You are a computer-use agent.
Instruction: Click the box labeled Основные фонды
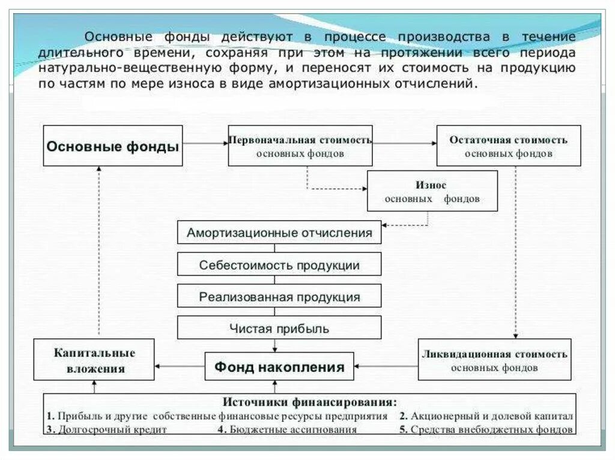click(113, 146)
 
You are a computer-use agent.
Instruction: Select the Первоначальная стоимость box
click(300, 146)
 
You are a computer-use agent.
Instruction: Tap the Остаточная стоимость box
click(508, 146)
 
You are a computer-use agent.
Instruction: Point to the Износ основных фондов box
click(432, 191)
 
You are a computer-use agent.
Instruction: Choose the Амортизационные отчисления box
click(279, 232)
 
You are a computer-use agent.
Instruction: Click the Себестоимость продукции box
click(279, 264)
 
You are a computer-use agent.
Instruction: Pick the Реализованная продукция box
click(279, 296)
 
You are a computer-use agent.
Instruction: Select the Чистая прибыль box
click(279, 328)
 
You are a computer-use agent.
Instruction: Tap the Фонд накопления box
click(279, 366)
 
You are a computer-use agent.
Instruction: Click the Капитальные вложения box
click(94, 360)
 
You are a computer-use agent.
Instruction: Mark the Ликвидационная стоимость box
click(494, 360)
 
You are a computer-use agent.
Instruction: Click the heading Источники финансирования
click(309, 402)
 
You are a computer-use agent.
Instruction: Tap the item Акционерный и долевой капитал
click(490, 416)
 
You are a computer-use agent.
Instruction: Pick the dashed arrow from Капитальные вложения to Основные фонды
click(99, 252)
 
